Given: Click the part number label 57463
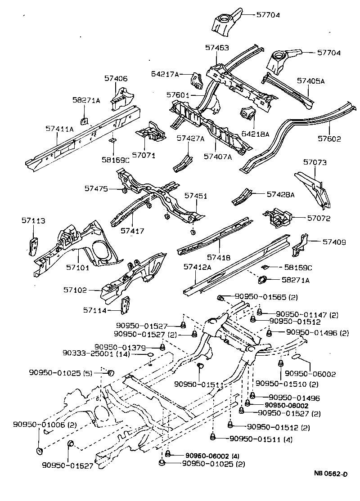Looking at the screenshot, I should [x=217, y=47].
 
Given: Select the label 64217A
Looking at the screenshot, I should [x=165, y=74].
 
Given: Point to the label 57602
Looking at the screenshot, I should [x=328, y=139].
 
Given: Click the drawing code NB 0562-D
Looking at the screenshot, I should [x=331, y=474].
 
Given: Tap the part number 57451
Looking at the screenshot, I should [x=196, y=196].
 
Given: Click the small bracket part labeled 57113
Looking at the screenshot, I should [x=32, y=245].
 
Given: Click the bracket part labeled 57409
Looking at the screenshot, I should [x=300, y=243].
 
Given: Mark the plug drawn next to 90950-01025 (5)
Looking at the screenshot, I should [x=111, y=372].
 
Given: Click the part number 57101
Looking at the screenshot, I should [x=78, y=268].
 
